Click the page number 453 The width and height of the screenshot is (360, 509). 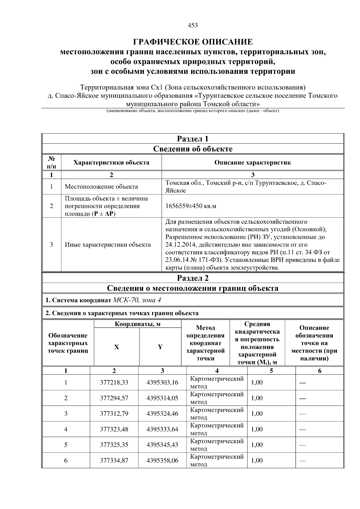pos(193,25)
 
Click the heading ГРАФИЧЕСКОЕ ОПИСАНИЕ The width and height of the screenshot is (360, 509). pos(193,42)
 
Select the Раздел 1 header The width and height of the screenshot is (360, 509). pos(193,139)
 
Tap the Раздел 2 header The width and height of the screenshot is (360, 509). pos(193,278)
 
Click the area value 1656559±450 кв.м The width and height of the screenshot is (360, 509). pos(191,206)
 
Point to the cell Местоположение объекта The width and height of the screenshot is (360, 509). pos(101,187)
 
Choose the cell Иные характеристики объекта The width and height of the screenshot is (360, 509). pos(108,245)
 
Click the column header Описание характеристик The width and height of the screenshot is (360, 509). pos(252,163)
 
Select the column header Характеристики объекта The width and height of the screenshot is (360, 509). pos(111,163)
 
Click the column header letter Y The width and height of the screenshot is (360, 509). pos(160,347)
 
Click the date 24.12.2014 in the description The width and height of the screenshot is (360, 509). pos(179,245)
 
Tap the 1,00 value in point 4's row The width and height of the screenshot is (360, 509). pos(257,429)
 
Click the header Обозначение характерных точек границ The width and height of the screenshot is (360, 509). pos(68,343)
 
